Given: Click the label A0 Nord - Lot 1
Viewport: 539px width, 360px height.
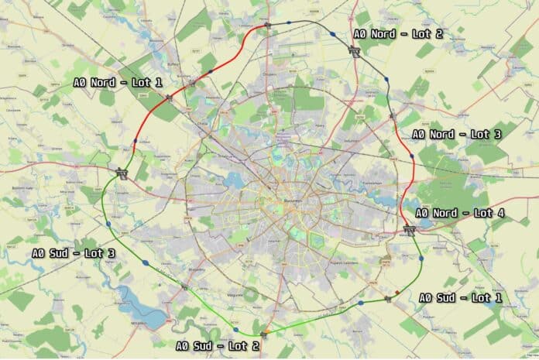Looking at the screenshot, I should (118, 81).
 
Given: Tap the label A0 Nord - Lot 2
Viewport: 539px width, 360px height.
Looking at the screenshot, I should (397, 34).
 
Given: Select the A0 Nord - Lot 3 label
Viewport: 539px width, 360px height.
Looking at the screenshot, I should (456, 134).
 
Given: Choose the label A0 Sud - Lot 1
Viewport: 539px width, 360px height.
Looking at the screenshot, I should (460, 297).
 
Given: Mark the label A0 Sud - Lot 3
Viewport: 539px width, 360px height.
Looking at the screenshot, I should (74, 252).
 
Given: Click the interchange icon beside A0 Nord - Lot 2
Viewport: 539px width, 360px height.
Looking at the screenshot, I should (355, 52).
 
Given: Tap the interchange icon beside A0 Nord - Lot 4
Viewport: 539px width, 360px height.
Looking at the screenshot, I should (409, 228).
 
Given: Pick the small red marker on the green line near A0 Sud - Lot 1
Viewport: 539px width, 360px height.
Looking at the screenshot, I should (397, 293).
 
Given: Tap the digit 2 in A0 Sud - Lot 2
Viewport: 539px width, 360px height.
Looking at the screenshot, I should (256, 345).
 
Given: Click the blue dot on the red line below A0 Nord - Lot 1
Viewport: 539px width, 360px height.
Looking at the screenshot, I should (135, 141).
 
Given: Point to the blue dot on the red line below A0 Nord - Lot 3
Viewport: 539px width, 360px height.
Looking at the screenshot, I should (411, 156).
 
